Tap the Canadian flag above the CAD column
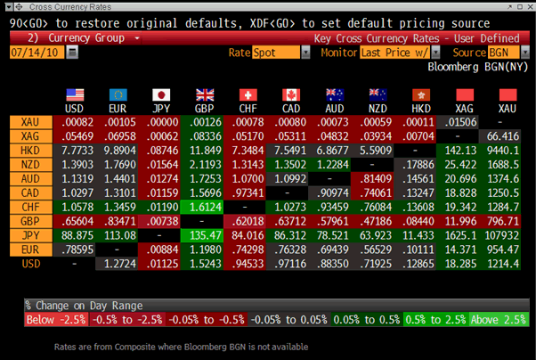click(x=290, y=94)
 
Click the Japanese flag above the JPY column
click(x=161, y=94)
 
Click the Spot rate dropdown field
click(x=277, y=53)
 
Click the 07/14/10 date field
click(x=35, y=53)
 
